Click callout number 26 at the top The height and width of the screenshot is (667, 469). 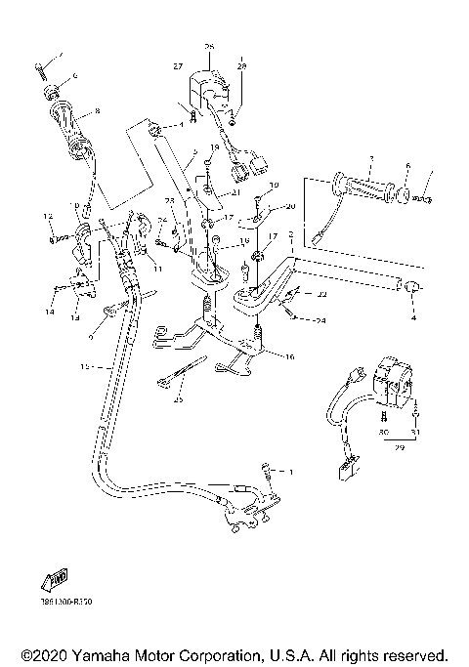pos(208,47)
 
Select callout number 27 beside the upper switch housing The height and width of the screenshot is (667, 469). pos(179,65)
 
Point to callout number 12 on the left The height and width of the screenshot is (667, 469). pos(46,215)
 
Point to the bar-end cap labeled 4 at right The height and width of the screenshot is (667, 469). pos(411,287)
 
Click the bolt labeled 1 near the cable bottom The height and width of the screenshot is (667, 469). pos(270,471)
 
